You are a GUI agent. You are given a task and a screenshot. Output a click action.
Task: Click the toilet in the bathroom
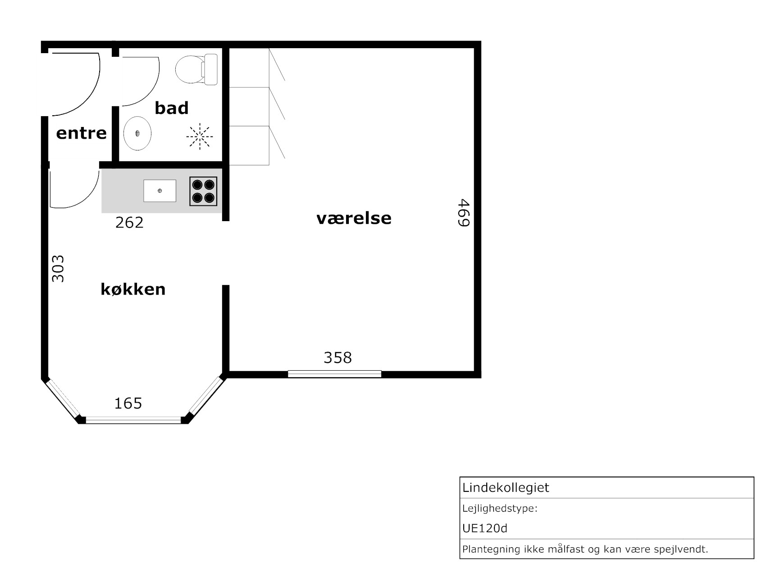pos(196,69)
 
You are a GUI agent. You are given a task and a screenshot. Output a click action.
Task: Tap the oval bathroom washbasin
pos(137,133)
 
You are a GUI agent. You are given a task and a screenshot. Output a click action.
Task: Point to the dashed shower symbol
pos(200,136)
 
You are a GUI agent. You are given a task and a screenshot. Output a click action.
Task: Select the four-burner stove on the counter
pos(203,191)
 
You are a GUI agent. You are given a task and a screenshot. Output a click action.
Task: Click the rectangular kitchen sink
pos(160,191)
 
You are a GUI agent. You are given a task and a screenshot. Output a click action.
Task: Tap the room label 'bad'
pos(172,108)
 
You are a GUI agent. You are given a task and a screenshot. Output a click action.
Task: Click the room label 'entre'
pos(81,133)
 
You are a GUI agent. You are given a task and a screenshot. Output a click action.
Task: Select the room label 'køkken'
pos(133,289)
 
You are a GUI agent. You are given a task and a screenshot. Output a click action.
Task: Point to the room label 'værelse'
pos(354,218)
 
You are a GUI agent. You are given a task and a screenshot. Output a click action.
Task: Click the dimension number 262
pos(129,223)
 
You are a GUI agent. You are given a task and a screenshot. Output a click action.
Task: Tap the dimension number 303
pos(58,268)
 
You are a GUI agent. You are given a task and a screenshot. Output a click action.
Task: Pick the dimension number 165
pos(128,404)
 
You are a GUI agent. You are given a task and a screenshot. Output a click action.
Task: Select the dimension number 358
pos(338,358)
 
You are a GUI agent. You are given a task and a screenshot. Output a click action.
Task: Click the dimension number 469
pos(463,213)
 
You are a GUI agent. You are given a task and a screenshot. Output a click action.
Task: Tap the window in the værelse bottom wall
pos(334,374)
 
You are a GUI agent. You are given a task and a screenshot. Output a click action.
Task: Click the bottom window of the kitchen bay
pos(133,420)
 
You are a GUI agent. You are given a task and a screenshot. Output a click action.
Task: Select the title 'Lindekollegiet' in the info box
pos(506,487)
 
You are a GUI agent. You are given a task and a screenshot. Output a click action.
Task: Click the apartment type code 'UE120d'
pos(484,528)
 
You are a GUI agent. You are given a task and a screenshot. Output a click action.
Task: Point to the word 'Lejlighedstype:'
pos(500,509)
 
